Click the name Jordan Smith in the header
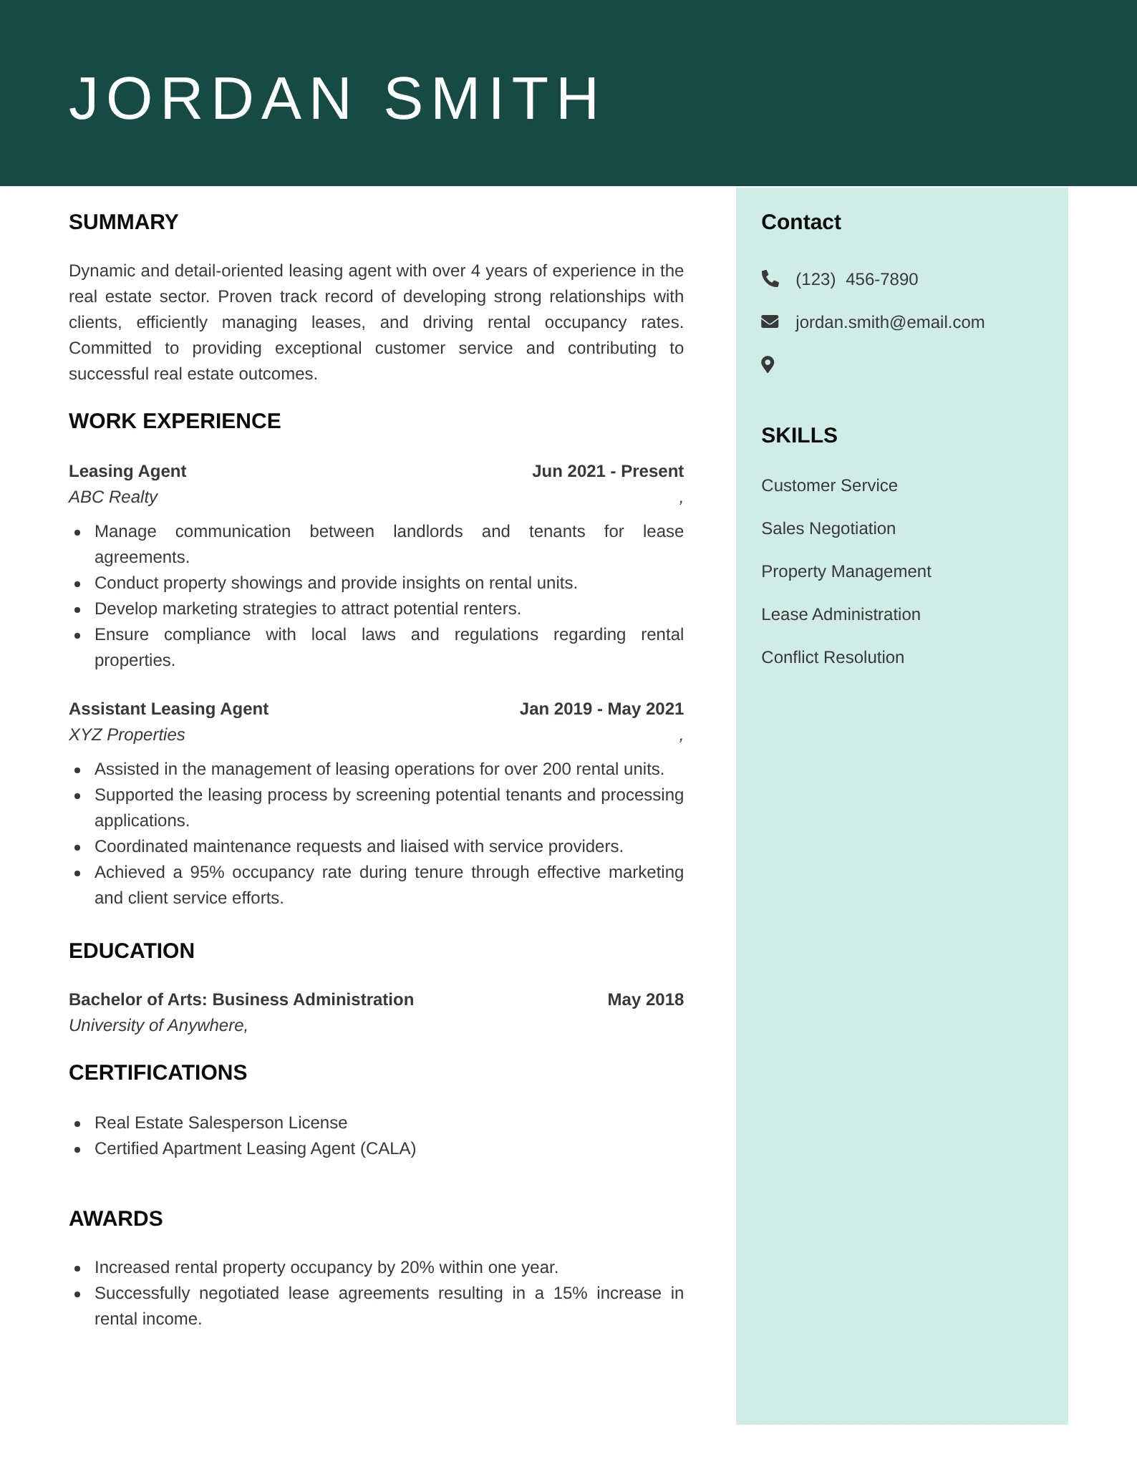point(334,98)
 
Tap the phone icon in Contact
point(770,279)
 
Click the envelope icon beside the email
point(770,321)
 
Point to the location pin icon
point(768,365)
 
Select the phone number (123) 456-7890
point(856,279)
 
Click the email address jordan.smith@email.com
point(889,322)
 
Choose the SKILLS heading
point(799,435)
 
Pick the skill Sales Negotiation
point(828,528)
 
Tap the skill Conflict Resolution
point(832,657)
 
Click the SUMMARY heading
point(123,222)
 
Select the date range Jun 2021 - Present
point(607,471)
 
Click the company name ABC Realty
point(113,497)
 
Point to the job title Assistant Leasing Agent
point(168,709)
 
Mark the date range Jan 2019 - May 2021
point(601,709)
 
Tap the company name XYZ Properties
point(127,735)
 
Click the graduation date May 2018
point(645,999)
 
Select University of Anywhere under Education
point(158,1025)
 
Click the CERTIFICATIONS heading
point(158,1072)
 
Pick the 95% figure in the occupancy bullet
point(206,872)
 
